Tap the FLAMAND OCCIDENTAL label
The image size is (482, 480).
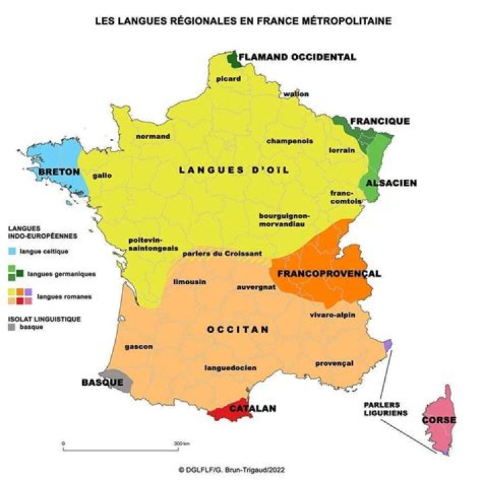(297, 57)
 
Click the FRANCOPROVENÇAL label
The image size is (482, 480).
(329, 274)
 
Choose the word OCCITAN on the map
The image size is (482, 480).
(238, 329)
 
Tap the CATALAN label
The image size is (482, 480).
(253, 407)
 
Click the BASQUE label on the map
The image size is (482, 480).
(102, 382)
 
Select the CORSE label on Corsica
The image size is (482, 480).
(438, 420)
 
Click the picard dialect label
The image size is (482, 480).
(228, 79)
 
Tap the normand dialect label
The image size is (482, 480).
(153, 136)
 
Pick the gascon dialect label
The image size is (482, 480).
(139, 346)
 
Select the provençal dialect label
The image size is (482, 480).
(334, 363)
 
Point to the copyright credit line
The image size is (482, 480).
(240, 469)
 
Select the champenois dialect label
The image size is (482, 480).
(289, 141)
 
